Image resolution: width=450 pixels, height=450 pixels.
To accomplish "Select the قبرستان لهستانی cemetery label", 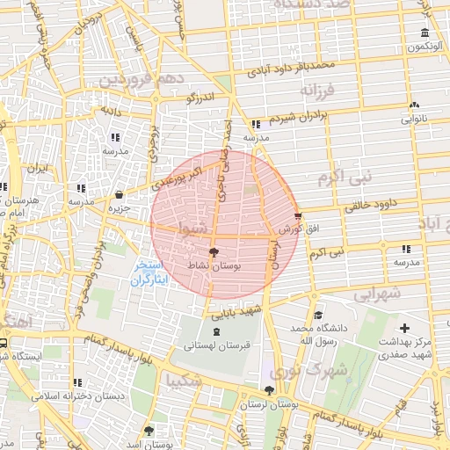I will (x=217, y=345).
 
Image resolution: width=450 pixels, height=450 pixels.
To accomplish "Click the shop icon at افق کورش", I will (x=298, y=214).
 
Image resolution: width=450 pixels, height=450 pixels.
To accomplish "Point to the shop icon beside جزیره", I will (x=120, y=195).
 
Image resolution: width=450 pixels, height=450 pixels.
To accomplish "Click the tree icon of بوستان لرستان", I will (x=269, y=391).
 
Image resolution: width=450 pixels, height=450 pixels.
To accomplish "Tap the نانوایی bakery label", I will (x=414, y=117).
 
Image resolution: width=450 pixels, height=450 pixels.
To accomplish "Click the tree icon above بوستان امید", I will (x=148, y=432).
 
